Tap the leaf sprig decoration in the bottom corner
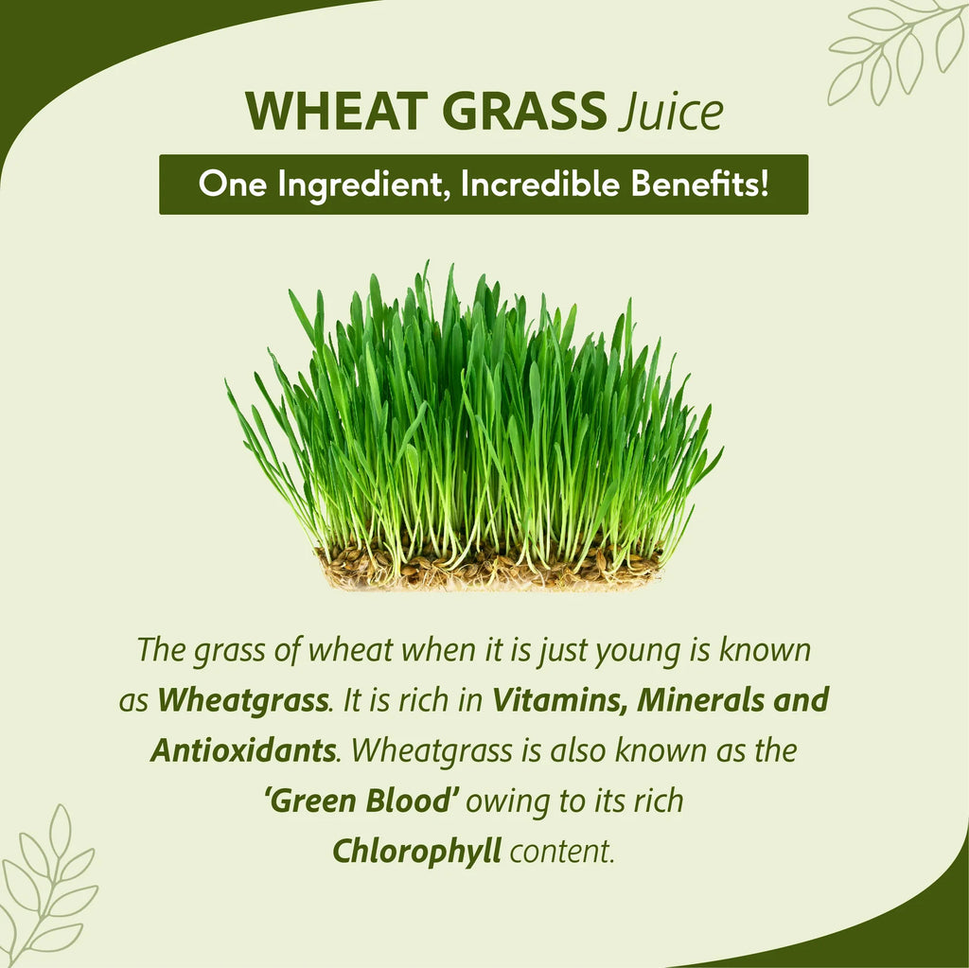click(x=47, y=885)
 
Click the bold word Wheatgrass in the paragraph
click(x=243, y=701)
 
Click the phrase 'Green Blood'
click(x=362, y=801)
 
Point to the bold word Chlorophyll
click(x=415, y=852)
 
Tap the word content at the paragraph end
click(x=562, y=852)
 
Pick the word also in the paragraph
click(x=574, y=751)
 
